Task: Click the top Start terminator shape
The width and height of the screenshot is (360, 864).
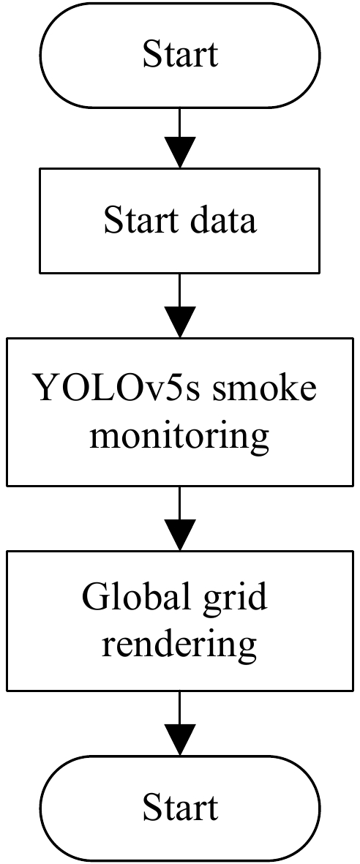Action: coord(180,55)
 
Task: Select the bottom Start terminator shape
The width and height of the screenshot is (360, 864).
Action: coord(180,808)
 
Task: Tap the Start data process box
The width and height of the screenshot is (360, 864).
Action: coord(180,219)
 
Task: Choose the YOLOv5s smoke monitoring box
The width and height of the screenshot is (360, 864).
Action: coord(180,411)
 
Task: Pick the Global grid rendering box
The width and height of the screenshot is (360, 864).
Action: coord(180,621)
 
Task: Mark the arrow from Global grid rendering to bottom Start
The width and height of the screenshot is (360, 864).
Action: coord(180,724)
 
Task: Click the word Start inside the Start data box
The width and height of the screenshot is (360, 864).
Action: coord(140,219)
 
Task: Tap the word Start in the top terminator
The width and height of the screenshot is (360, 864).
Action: coord(180,55)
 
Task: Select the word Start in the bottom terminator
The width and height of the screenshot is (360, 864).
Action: coord(180,808)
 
